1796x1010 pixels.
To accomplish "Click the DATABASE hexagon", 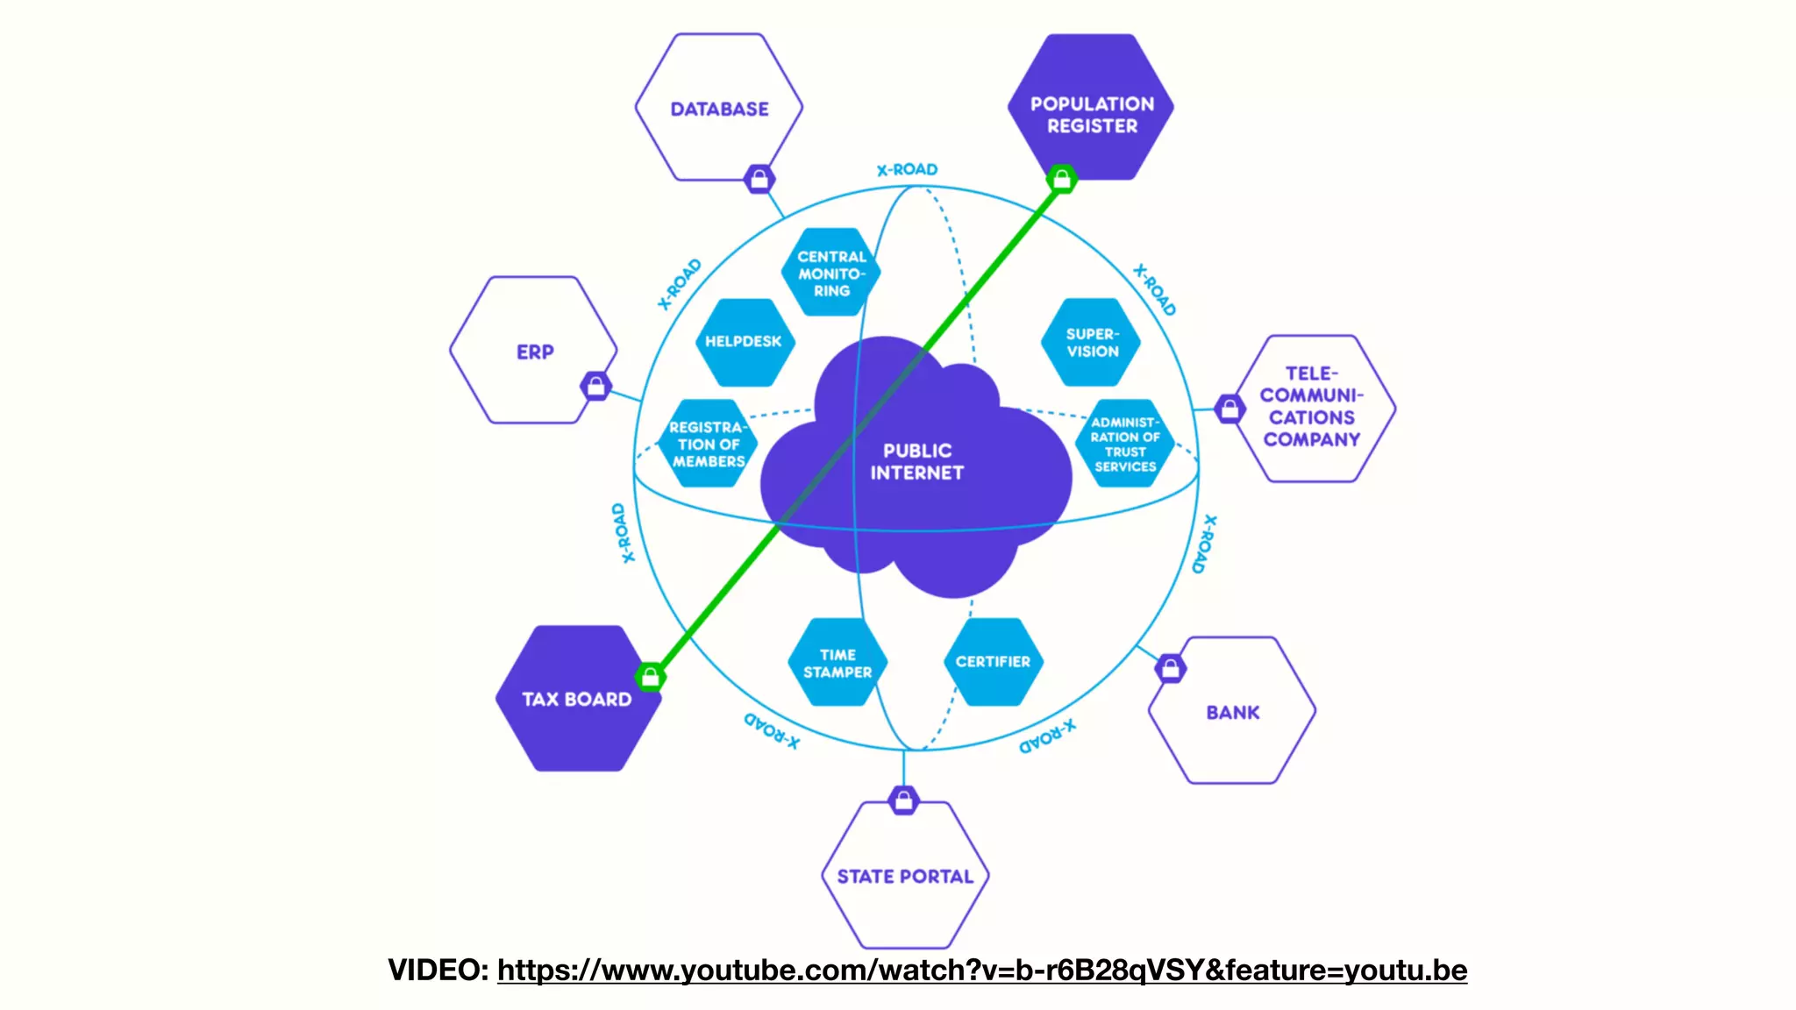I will (x=719, y=108).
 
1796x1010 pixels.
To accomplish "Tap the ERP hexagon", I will (x=533, y=351).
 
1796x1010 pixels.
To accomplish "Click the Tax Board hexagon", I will (x=576, y=699).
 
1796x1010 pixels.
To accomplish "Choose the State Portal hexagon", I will (x=905, y=876).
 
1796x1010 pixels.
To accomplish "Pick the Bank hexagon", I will (x=1232, y=712).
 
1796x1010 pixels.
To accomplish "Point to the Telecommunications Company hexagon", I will (x=1312, y=408).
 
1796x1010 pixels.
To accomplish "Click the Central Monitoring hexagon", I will (x=830, y=273).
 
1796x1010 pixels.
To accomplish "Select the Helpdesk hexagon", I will (x=744, y=342).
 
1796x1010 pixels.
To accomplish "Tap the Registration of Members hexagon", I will (x=707, y=444).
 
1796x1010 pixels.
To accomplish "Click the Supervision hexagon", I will (x=1092, y=342).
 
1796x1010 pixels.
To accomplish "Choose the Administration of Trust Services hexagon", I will (x=1125, y=444).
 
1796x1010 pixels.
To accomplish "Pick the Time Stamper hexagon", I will (x=837, y=663).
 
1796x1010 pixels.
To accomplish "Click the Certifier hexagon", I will (x=993, y=662).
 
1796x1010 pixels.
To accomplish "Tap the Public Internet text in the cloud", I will (x=916, y=461).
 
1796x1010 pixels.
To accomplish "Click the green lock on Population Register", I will (x=1062, y=180).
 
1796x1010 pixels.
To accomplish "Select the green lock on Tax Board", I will (x=650, y=677).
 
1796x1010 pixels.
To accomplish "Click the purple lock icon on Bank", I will (x=1171, y=669).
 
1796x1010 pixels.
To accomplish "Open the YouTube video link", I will (x=981, y=971).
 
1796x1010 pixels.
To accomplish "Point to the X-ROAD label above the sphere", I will (x=907, y=169).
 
